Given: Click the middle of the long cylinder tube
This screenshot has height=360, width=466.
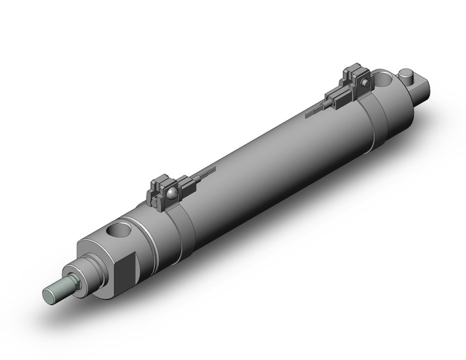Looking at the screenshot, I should pyautogui.click(x=258, y=172).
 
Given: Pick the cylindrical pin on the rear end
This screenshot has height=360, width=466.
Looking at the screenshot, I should pyautogui.click(x=407, y=76).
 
